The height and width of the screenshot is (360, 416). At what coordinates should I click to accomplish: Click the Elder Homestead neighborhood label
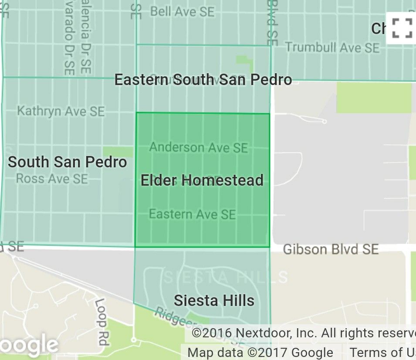coord(202,180)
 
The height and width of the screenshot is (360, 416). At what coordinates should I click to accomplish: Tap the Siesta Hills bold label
coord(214,300)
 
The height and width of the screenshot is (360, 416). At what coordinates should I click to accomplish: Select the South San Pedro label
coord(68,162)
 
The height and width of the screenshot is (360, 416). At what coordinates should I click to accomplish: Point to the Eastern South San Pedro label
coord(203,80)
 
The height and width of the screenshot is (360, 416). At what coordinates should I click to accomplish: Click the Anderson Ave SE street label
coord(199,147)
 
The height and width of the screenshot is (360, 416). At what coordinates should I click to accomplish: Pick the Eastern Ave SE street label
coord(193,214)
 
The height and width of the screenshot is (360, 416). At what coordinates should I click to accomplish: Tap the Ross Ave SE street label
coord(52,179)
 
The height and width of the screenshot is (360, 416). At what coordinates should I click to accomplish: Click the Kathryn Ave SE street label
coord(61,111)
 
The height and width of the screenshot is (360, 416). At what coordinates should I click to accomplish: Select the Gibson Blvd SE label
coord(331,249)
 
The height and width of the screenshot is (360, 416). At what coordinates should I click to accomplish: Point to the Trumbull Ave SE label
coord(332,48)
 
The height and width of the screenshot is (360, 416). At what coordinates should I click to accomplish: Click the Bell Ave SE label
coord(183,11)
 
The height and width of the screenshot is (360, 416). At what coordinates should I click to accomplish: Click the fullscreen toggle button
coord(401,28)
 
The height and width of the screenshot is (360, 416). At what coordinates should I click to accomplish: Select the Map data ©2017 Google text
coord(260,353)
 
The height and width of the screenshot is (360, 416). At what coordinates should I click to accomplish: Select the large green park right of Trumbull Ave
coord(374,98)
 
